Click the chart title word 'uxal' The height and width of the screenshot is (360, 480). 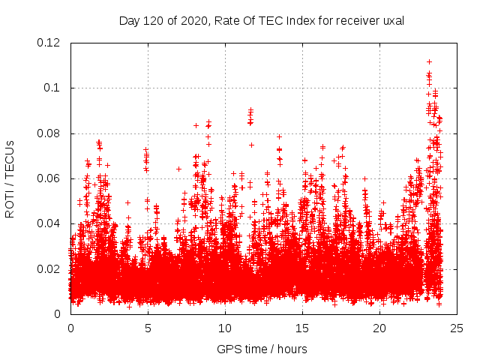(x=393, y=21)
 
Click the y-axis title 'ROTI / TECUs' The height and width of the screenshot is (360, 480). (x=10, y=178)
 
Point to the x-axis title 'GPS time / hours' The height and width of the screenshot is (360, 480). (x=262, y=349)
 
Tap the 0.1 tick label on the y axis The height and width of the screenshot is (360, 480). (x=55, y=88)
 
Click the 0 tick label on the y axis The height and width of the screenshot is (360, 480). (x=61, y=314)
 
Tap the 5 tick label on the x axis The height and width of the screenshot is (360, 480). (x=148, y=328)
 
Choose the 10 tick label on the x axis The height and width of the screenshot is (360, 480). (x=225, y=328)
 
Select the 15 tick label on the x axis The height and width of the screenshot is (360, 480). (x=302, y=328)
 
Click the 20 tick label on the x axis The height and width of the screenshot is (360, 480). (x=379, y=328)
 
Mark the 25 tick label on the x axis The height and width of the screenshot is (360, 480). (x=457, y=328)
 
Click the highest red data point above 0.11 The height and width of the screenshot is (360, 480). (x=429, y=61)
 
